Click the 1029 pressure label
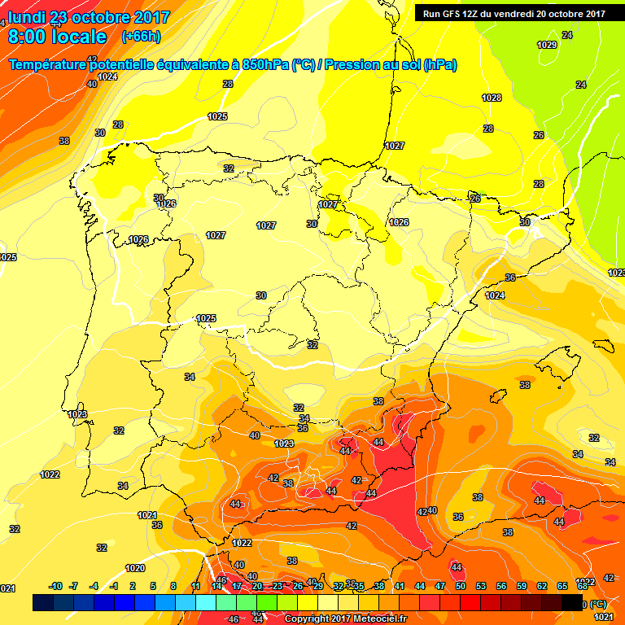[x=548, y=45]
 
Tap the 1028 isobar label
[x=492, y=98]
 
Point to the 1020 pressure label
[x=135, y=568]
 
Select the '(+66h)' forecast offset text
[x=141, y=37]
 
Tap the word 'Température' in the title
[x=47, y=64]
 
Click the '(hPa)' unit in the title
[x=439, y=64]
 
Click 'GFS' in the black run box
[x=453, y=13]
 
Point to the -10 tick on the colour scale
[x=55, y=586]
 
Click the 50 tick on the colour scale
[x=461, y=586]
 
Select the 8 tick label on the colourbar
[x=173, y=586]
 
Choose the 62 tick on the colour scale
[x=542, y=586]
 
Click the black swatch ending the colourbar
[x=572, y=603]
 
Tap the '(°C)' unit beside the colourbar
[x=598, y=604]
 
